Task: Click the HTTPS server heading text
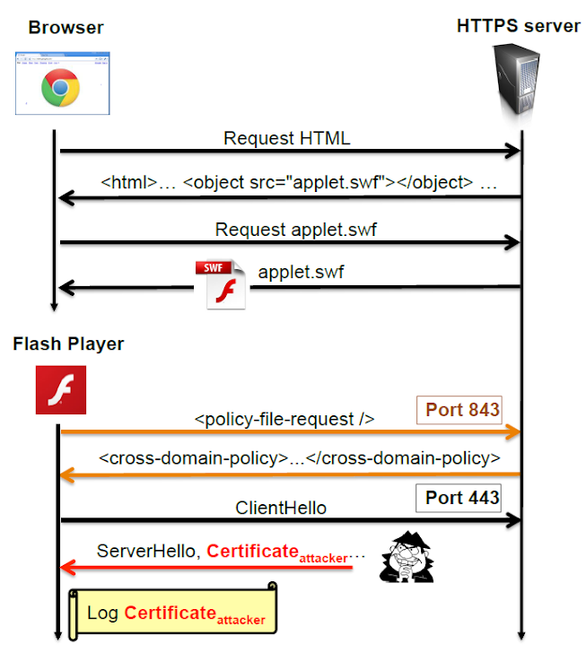[518, 25]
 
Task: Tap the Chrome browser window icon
[62, 84]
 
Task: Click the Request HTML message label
[287, 138]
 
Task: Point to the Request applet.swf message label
[296, 230]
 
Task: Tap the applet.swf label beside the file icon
[300, 270]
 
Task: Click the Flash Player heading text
[69, 344]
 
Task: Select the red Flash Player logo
[61, 389]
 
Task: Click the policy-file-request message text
[284, 419]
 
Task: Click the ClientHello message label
[281, 508]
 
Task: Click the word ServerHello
[147, 551]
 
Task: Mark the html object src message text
[299, 182]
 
